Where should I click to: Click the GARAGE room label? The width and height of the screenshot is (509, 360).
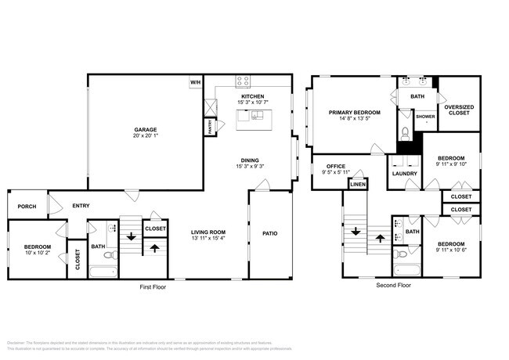pos(146,129)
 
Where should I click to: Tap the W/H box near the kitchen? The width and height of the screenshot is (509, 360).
pos(194,81)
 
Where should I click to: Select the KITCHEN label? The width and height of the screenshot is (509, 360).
pos(252,96)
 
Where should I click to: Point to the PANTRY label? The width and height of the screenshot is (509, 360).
pos(211,128)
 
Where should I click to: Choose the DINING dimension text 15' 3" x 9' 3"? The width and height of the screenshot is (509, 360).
pos(252,166)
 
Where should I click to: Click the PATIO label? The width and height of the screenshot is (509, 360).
pos(269,232)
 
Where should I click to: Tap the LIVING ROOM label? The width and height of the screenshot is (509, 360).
pos(208,232)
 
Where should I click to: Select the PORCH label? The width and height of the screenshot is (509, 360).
pos(27,207)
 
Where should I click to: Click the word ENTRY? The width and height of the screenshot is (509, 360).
pos(81,206)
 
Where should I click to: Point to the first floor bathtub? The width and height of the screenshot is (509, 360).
pos(103,272)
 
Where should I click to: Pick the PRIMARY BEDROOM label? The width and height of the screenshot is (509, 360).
pos(354,113)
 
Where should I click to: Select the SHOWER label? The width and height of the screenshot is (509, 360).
pos(425,117)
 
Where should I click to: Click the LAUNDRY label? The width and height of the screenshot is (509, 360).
pos(405,173)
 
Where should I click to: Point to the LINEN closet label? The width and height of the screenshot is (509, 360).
pos(357,184)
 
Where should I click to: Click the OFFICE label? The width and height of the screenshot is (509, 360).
pos(337,166)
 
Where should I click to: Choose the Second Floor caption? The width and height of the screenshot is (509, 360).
pos(393,286)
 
